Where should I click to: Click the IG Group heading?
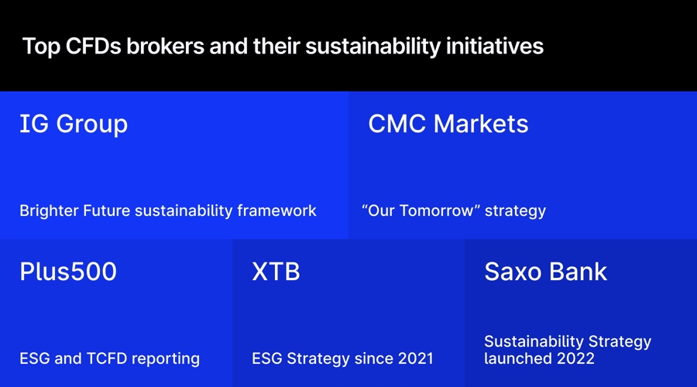coord(74,124)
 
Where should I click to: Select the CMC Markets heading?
coord(448,124)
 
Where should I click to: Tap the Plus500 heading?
coord(68,272)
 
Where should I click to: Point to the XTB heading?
coord(276,272)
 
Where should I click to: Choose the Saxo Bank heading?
coord(546,272)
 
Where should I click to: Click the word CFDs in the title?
coord(96,46)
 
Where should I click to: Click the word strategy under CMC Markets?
coord(516,211)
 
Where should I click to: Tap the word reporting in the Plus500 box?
coord(166,358)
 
